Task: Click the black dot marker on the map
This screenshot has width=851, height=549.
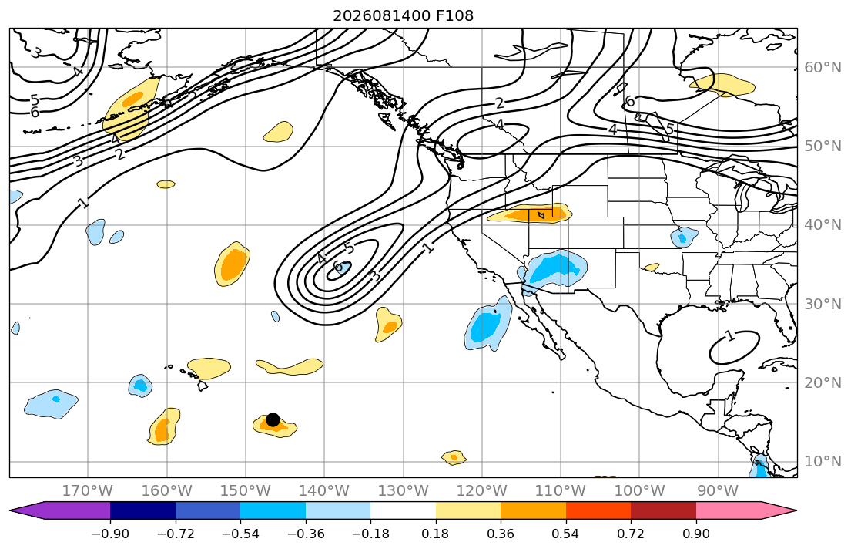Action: (x=273, y=419)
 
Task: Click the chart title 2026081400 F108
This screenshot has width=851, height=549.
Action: (x=404, y=15)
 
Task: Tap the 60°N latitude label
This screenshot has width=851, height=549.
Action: (x=823, y=67)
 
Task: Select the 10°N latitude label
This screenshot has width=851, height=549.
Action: (x=823, y=462)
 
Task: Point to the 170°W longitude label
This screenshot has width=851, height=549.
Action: (x=88, y=491)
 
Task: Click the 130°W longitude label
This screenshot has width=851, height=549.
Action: (x=404, y=491)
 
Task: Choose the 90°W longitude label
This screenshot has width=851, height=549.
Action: (x=718, y=491)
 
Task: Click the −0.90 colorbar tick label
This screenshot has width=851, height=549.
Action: (x=110, y=534)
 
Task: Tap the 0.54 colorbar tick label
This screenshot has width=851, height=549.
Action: (x=565, y=534)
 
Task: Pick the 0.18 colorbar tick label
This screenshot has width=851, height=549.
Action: (x=435, y=534)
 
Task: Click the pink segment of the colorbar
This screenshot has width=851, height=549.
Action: (x=729, y=510)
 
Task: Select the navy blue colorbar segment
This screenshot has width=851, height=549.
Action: (x=142, y=510)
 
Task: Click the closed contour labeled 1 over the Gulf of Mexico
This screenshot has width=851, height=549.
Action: (x=734, y=332)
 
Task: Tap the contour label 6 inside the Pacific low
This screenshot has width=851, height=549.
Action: (x=337, y=266)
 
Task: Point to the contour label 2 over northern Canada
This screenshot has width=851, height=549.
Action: (x=499, y=103)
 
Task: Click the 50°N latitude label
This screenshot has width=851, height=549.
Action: (x=823, y=147)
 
